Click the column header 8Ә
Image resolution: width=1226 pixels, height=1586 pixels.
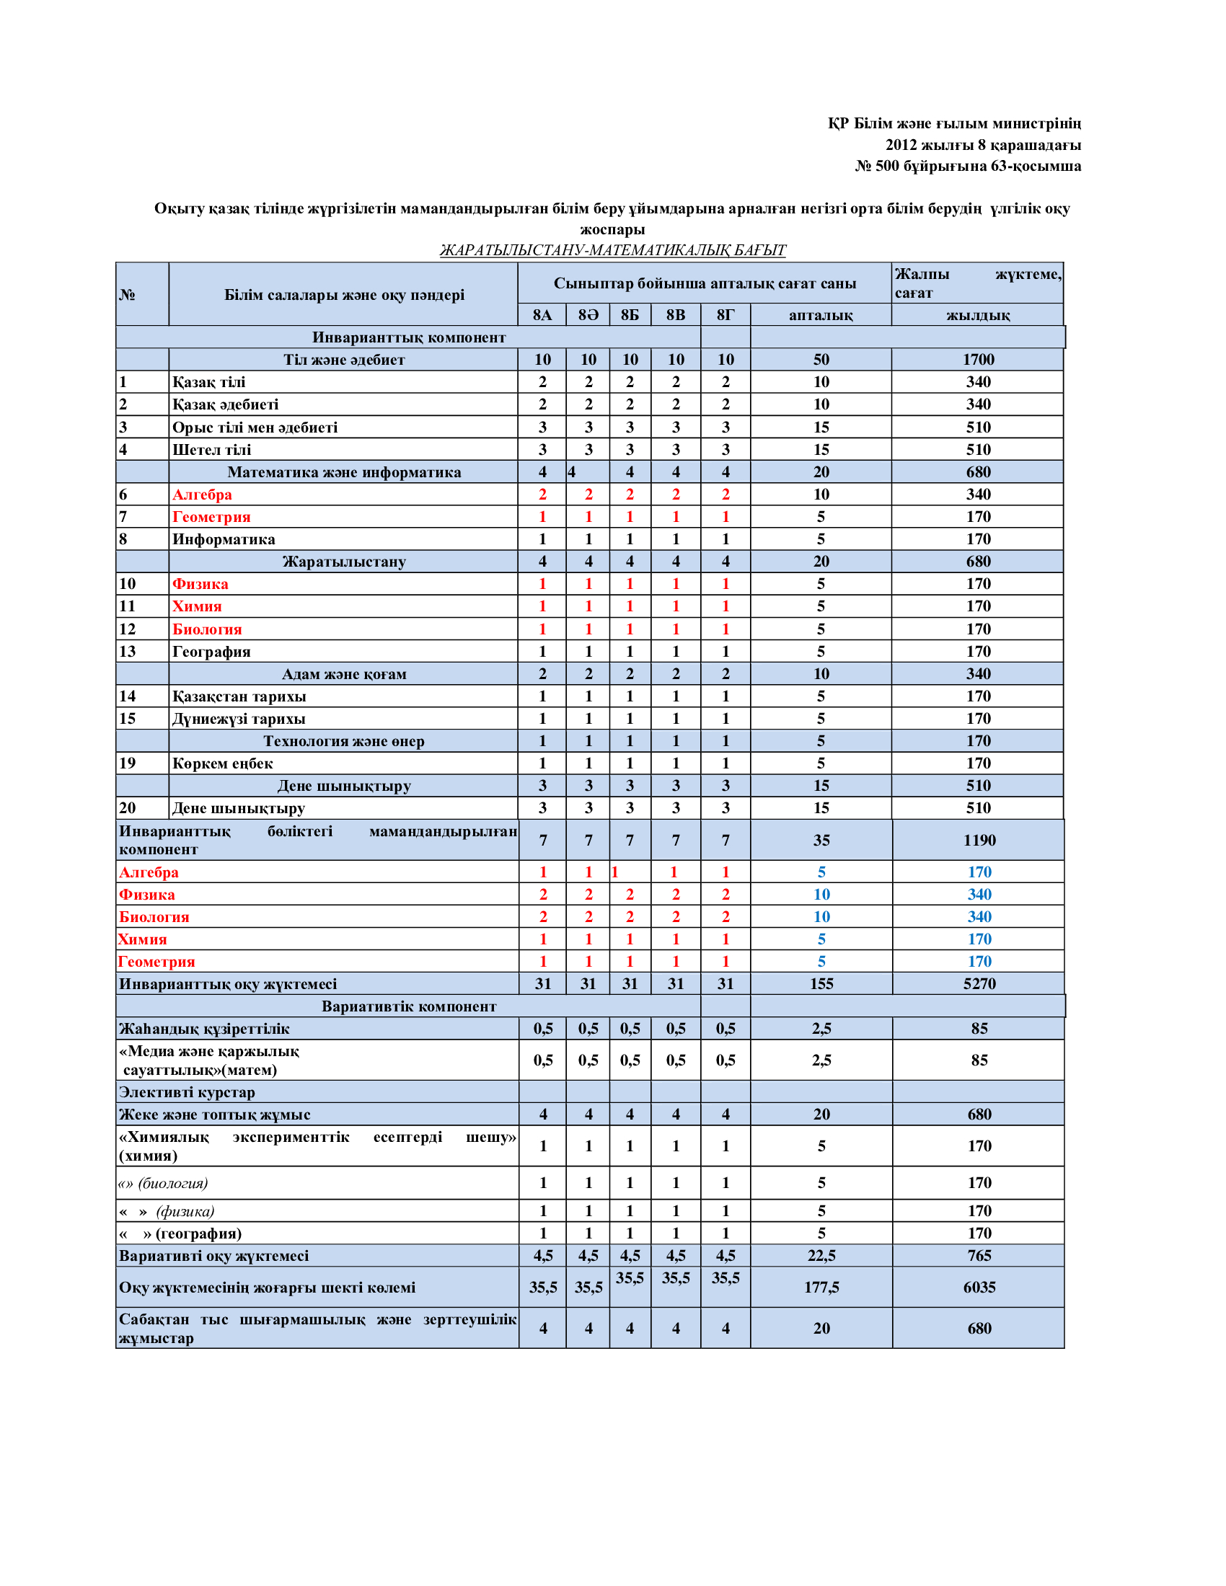point(588,315)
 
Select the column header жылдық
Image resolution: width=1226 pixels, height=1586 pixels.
point(978,315)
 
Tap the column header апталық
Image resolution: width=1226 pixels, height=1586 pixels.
point(821,315)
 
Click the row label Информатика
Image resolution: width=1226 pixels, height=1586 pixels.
point(224,539)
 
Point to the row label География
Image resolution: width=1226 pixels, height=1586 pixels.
point(211,652)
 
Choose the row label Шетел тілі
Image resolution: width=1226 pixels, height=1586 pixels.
point(211,450)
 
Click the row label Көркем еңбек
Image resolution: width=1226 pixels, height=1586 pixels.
point(222,763)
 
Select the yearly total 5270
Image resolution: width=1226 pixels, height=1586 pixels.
point(979,984)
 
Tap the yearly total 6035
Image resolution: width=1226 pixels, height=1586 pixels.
point(979,1288)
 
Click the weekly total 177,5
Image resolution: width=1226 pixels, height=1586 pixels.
point(821,1288)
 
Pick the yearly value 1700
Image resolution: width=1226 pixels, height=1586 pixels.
point(979,360)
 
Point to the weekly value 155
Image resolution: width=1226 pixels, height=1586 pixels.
point(821,984)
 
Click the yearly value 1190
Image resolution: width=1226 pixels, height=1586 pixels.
point(979,840)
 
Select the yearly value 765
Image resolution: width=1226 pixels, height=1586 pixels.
point(979,1256)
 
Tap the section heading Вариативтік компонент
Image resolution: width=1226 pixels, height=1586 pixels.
point(409,1006)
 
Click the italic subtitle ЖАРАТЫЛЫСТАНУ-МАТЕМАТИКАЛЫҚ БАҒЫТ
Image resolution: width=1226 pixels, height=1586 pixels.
point(612,251)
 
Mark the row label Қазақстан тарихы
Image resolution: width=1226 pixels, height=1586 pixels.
point(239,696)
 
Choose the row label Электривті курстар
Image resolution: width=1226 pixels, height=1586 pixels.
point(188,1092)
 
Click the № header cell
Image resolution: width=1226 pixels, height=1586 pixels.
point(128,295)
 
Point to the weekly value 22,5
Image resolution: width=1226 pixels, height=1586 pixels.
point(821,1256)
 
